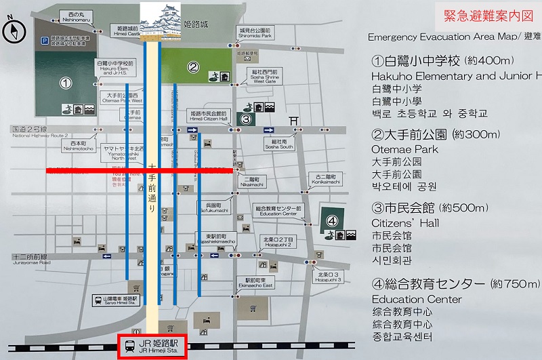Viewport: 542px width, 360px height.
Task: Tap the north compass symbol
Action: pyautogui.click(x=12, y=31)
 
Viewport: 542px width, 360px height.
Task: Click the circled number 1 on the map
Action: pyautogui.click(x=66, y=83)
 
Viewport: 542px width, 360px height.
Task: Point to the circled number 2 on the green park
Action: pyautogui.click(x=193, y=66)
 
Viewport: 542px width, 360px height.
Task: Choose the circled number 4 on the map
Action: pyautogui.click(x=332, y=220)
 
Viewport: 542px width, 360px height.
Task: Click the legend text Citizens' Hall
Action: pyautogui.click(x=405, y=223)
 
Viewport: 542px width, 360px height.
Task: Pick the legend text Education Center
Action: pyautogui.click(x=417, y=299)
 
